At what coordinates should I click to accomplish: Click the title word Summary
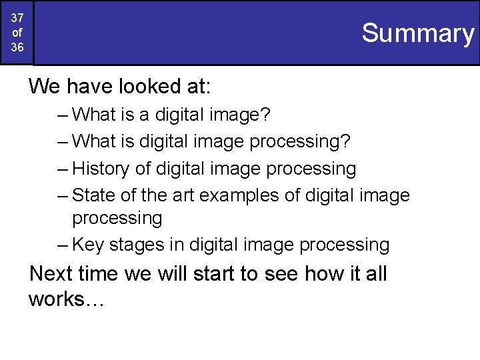click(x=417, y=33)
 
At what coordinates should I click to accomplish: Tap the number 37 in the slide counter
click(x=17, y=18)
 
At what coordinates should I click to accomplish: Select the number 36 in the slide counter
click(x=17, y=48)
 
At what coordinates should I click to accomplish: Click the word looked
click(x=151, y=86)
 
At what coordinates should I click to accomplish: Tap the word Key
click(x=87, y=245)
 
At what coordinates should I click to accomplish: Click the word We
click(x=45, y=86)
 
